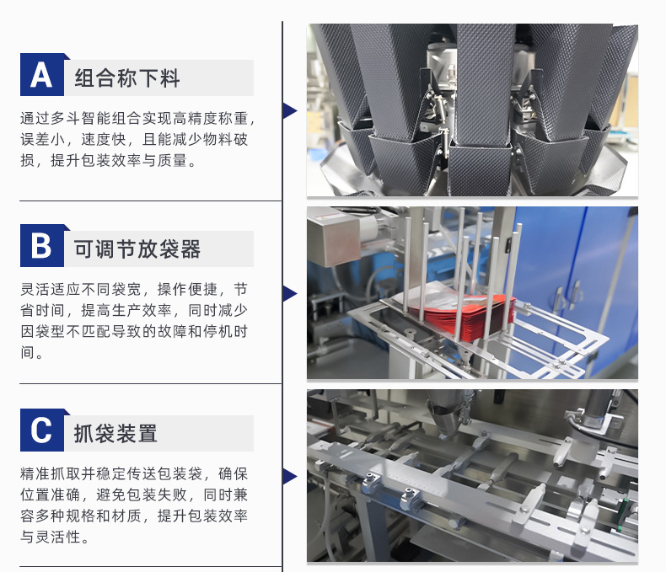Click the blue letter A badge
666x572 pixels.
(x=42, y=75)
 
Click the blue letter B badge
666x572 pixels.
(x=42, y=245)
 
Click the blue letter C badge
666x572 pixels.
(x=42, y=430)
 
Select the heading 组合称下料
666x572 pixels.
(x=127, y=78)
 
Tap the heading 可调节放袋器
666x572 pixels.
(x=137, y=249)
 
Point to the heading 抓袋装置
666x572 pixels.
(x=116, y=433)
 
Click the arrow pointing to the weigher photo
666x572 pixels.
(x=290, y=110)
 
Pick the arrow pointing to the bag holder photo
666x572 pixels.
(x=290, y=294)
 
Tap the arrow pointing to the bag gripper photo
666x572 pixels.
(x=290, y=476)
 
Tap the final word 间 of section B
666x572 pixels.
(x=28, y=352)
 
